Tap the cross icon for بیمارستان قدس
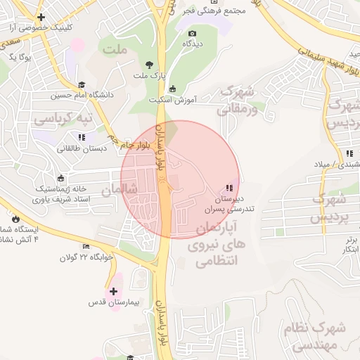(113, 290)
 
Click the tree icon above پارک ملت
(148, 63)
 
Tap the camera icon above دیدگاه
(192, 33)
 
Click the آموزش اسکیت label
(172, 99)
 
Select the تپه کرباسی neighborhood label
(64, 120)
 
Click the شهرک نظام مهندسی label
(314, 336)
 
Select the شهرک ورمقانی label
(238, 100)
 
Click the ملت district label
(115, 49)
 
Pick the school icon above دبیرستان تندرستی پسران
(229, 188)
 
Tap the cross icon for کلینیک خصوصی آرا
(41, 17)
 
